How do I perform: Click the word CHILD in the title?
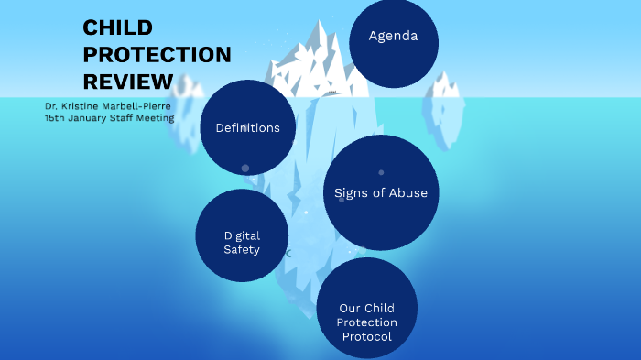click(118, 27)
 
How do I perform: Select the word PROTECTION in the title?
click(157, 54)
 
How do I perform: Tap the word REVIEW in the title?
click(128, 81)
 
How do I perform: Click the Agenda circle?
click(393, 37)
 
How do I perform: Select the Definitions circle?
click(247, 127)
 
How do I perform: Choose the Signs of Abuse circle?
click(381, 192)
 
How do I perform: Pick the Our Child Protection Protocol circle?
click(366, 309)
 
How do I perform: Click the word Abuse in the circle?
click(407, 192)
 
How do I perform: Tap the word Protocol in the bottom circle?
click(366, 336)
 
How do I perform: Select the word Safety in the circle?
click(242, 248)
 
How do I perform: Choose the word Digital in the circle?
click(242, 235)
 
